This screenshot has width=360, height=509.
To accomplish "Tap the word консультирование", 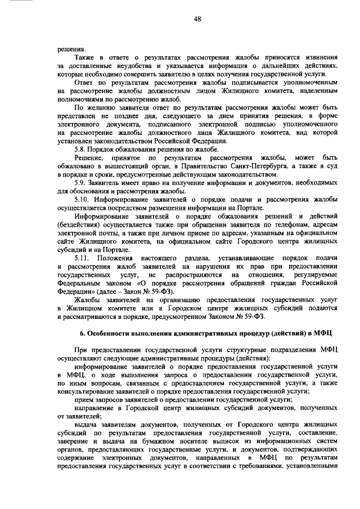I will pos(87,393).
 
